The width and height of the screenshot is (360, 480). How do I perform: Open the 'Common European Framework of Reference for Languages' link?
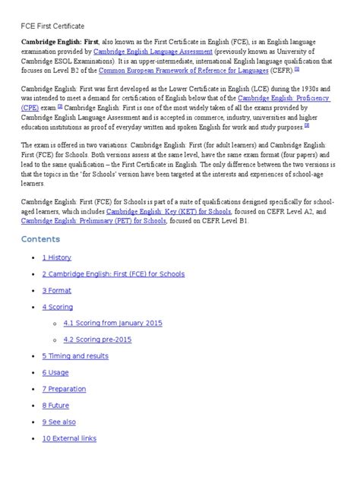(x=183, y=70)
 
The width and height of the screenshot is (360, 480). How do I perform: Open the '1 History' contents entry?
(x=57, y=257)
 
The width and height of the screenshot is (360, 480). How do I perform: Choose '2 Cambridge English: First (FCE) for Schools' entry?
(x=113, y=273)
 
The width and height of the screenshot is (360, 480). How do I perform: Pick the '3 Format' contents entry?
(x=57, y=290)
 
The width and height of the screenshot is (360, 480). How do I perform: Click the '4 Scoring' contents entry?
(x=58, y=307)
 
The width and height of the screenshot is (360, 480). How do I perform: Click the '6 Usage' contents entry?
(x=55, y=372)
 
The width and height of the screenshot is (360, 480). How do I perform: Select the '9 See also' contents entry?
(x=59, y=422)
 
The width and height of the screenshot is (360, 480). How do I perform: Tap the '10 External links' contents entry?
(x=70, y=438)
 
